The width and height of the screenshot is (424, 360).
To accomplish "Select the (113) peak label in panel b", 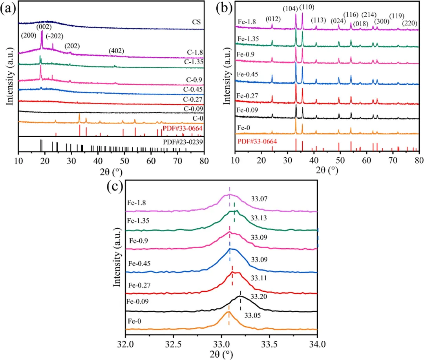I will pos(318,20).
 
